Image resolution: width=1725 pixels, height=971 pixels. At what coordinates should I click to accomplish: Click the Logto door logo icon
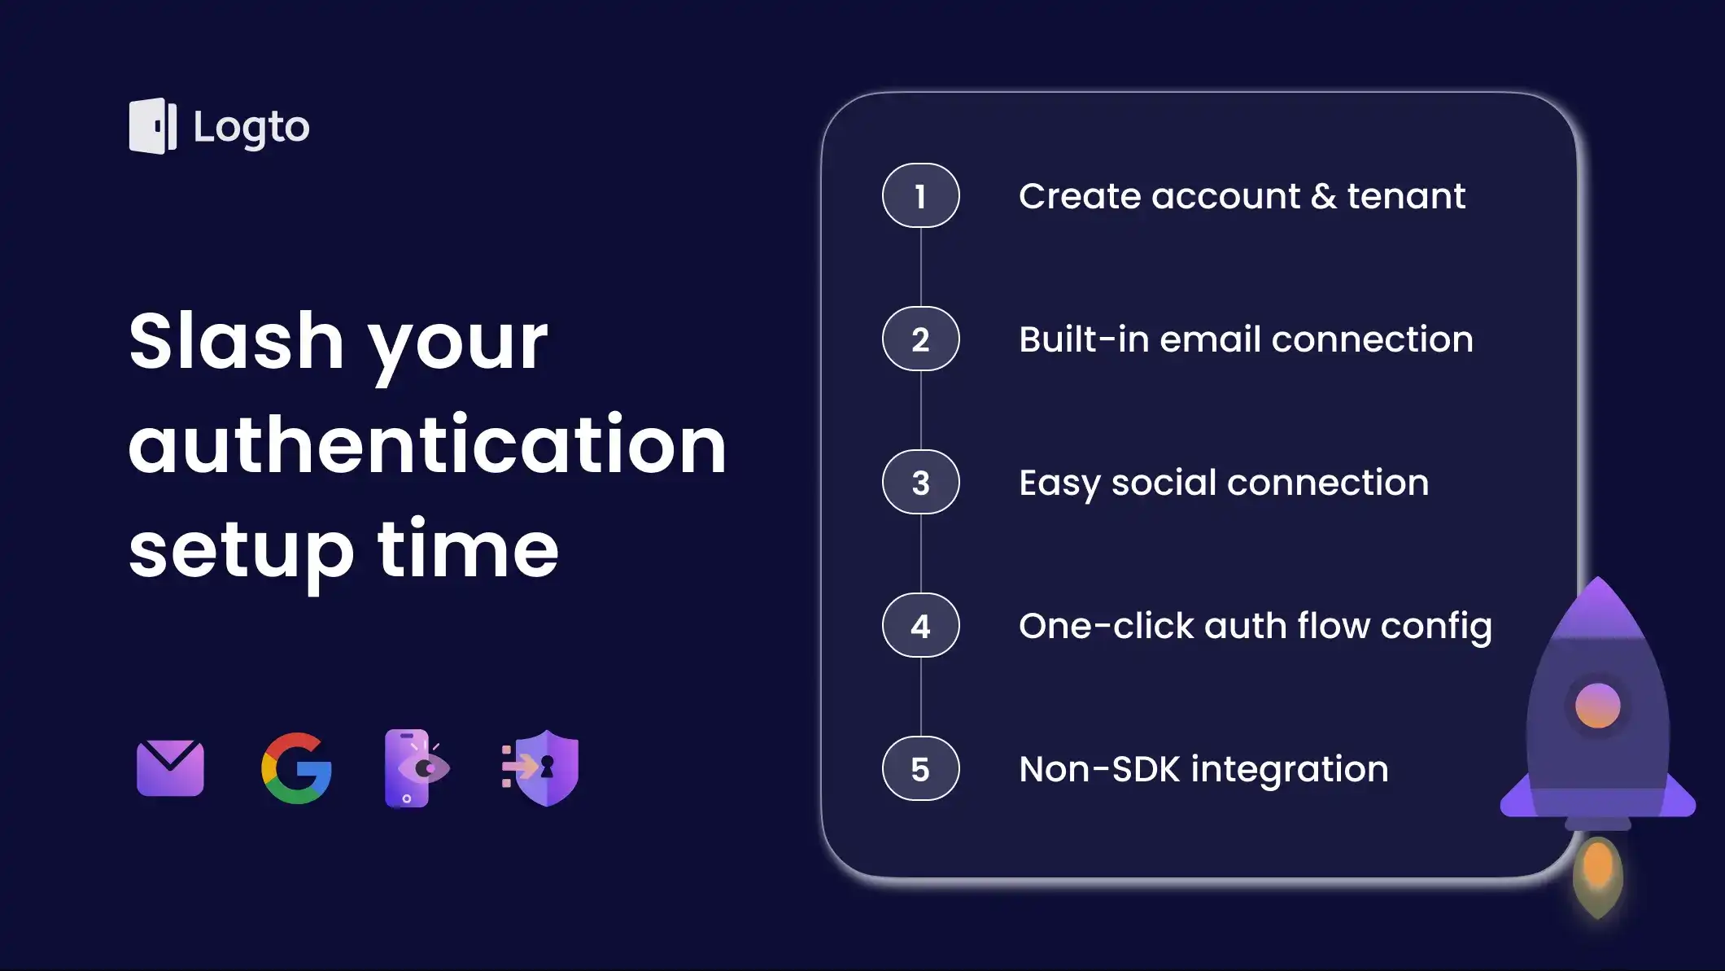click(x=152, y=126)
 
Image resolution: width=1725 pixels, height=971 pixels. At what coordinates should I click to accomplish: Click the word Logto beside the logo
click(x=251, y=128)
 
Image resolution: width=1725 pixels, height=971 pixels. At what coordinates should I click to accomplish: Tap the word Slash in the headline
click(x=236, y=341)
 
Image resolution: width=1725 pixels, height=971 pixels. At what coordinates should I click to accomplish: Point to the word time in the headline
click(x=468, y=549)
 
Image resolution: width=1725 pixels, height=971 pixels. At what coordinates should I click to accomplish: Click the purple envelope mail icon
click(x=170, y=768)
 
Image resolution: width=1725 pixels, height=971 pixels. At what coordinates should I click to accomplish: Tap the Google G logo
click(x=296, y=768)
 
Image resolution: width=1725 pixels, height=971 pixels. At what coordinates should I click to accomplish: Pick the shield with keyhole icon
click(x=543, y=768)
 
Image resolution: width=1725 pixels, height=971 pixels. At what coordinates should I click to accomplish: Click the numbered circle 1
click(x=920, y=196)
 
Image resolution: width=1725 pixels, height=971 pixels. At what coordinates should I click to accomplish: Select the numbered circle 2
click(x=920, y=339)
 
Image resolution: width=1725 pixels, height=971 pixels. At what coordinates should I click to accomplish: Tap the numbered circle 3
click(x=920, y=483)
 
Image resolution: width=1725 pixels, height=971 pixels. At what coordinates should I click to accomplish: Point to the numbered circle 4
click(x=920, y=626)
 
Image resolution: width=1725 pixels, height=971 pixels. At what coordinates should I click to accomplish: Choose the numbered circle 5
click(x=920, y=769)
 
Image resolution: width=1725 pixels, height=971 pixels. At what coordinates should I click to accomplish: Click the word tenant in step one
click(x=1405, y=196)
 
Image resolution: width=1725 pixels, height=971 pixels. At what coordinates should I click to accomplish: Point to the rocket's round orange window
click(x=1597, y=705)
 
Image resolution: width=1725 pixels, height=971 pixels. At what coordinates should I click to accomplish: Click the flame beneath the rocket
click(x=1597, y=875)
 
